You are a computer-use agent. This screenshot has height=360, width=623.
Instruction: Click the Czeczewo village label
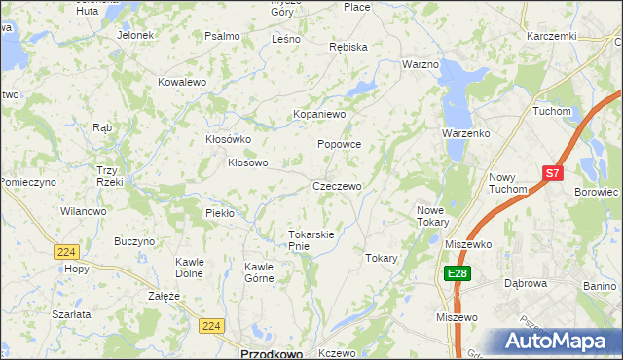[337, 186]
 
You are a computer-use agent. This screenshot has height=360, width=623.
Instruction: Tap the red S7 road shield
[553, 173]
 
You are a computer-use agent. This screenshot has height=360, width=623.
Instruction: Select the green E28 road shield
[458, 275]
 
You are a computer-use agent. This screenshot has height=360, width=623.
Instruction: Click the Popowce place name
[339, 144]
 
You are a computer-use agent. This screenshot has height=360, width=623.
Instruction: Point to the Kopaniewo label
[320, 115]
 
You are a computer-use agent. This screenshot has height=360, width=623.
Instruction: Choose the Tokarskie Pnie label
[311, 240]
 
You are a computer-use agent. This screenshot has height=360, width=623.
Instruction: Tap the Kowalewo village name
[182, 83]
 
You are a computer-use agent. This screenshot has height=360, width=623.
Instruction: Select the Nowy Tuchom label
[507, 183]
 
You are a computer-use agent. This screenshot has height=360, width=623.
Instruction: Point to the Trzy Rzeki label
[107, 177]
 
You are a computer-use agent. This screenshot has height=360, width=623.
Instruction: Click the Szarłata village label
[72, 314]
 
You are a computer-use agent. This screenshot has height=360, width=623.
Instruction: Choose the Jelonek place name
[136, 35]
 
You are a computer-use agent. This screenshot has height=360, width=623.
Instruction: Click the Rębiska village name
[348, 47]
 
